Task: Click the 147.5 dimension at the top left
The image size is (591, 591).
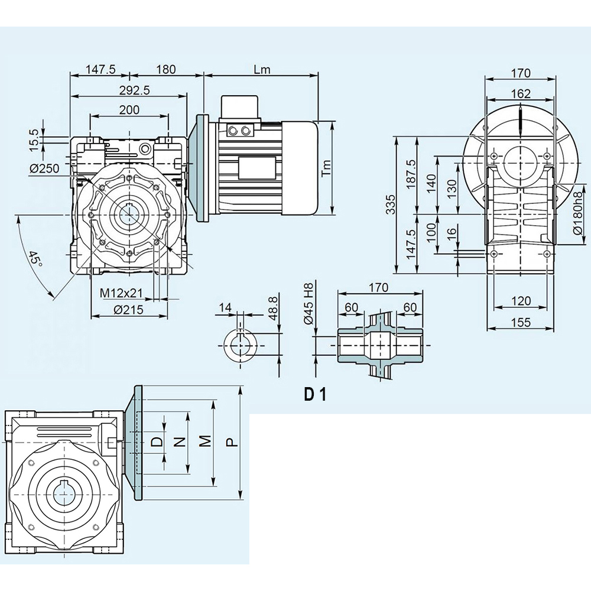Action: (100, 69)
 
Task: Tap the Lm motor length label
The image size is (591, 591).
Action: (261, 69)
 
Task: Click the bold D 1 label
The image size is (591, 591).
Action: (316, 394)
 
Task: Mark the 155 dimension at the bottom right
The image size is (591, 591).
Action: (520, 322)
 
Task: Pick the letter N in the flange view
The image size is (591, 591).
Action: (181, 440)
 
